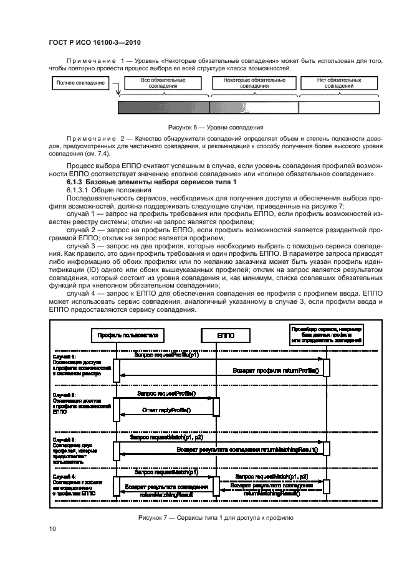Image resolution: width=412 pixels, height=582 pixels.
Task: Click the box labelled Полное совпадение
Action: pyautogui.click(x=80, y=83)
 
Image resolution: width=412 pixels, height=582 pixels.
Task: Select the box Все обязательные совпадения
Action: pyautogui.click(x=163, y=83)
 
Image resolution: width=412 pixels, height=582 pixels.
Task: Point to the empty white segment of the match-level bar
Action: pyautogui.click(x=338, y=107)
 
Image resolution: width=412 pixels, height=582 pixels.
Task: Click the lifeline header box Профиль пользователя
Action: pyautogui.click(x=128, y=336)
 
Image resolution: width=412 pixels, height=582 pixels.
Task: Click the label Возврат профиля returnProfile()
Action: pyautogui.click(x=275, y=371)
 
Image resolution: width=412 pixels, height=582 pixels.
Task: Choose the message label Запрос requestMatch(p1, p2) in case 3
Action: pyautogui.click(x=166, y=438)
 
